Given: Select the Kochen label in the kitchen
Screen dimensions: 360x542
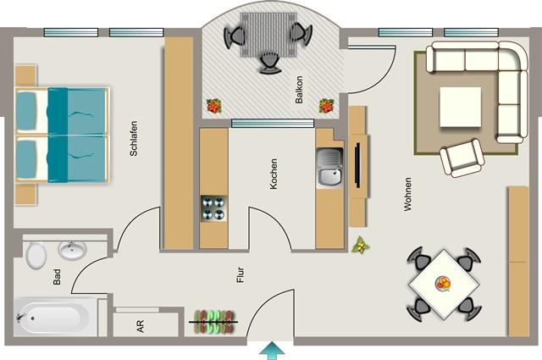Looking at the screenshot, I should pyautogui.click(x=274, y=172).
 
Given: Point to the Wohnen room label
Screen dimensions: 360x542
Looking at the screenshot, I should pyautogui.click(x=408, y=194).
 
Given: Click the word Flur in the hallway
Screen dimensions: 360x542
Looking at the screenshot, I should pyautogui.click(x=241, y=274).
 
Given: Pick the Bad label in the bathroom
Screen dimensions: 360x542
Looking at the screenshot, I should pyautogui.click(x=57, y=276).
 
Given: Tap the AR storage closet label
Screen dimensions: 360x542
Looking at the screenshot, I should pyautogui.click(x=140, y=326).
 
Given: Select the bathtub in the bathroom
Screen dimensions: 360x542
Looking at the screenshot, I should pyautogui.click(x=53, y=318).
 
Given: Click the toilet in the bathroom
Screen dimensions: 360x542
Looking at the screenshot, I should pyautogui.click(x=36, y=255).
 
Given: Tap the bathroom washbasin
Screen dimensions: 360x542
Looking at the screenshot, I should pyautogui.click(x=72, y=250).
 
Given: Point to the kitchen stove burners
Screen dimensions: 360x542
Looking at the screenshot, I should pyautogui.click(x=213, y=208).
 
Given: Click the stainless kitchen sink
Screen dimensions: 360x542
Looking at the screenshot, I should pyautogui.click(x=329, y=168).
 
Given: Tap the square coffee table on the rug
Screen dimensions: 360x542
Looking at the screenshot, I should pyautogui.click(x=460, y=106).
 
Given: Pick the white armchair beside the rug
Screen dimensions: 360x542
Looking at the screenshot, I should pyautogui.click(x=461, y=158).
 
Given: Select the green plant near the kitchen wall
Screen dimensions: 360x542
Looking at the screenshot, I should pyautogui.click(x=361, y=246).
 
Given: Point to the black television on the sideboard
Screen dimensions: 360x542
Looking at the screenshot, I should pyautogui.click(x=357, y=165).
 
